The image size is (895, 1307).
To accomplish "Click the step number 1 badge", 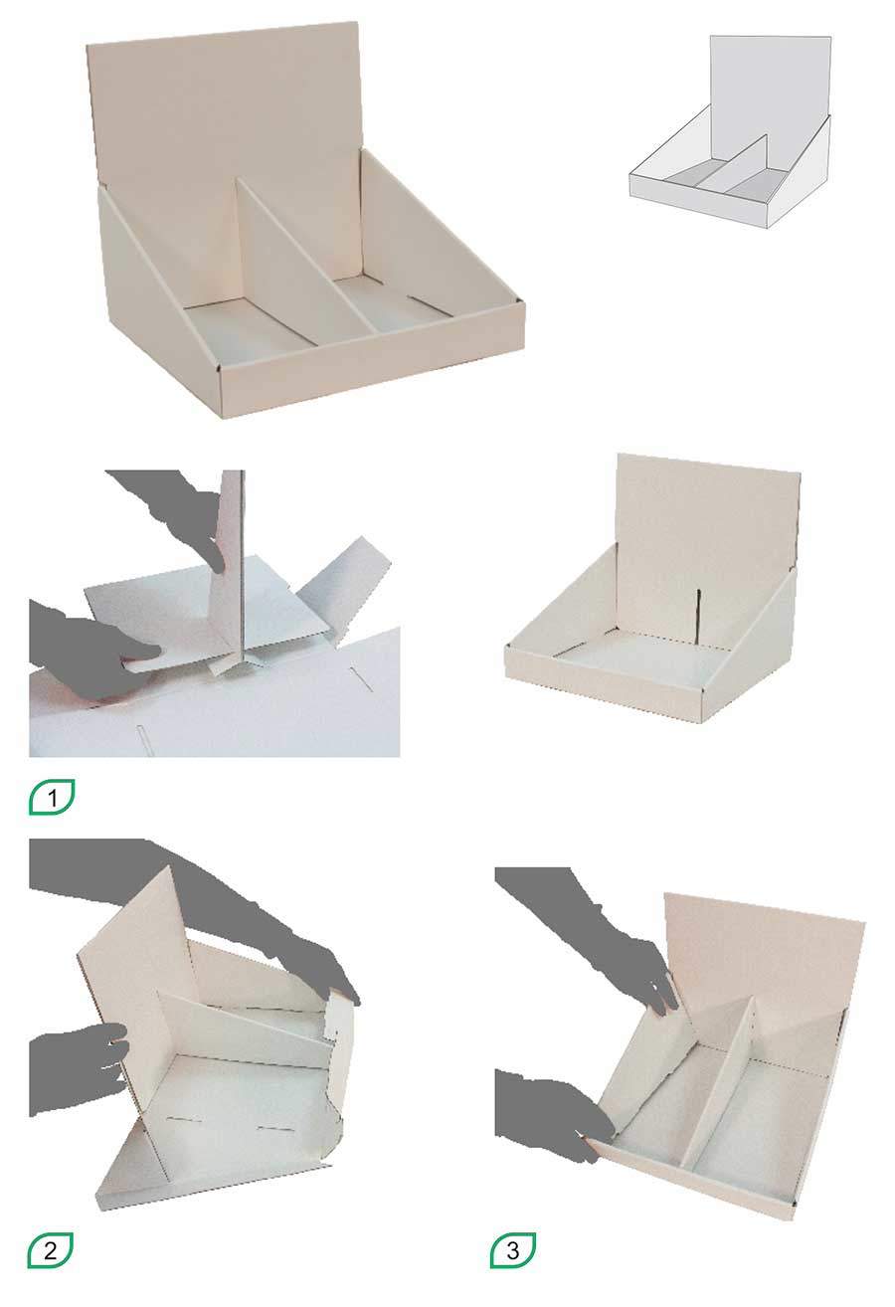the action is tap(52, 797).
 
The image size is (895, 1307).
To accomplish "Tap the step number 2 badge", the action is tap(50, 1250).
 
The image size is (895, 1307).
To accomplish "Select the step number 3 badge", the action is tap(513, 1250).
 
